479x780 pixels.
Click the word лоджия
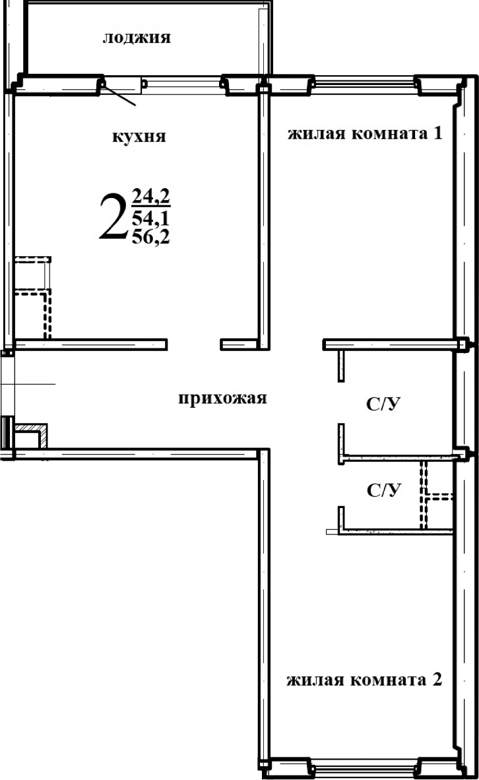coord(137,38)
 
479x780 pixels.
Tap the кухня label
coord(139,137)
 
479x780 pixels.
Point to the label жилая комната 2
coord(364,680)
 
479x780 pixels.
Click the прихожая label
coord(222,398)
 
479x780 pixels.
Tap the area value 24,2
coord(151,196)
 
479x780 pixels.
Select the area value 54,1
coord(151,217)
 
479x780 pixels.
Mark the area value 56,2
coord(151,237)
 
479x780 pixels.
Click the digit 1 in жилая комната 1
coord(436,135)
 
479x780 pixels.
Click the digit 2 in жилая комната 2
coord(435,680)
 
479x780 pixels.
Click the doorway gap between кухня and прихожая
coord(193,344)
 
